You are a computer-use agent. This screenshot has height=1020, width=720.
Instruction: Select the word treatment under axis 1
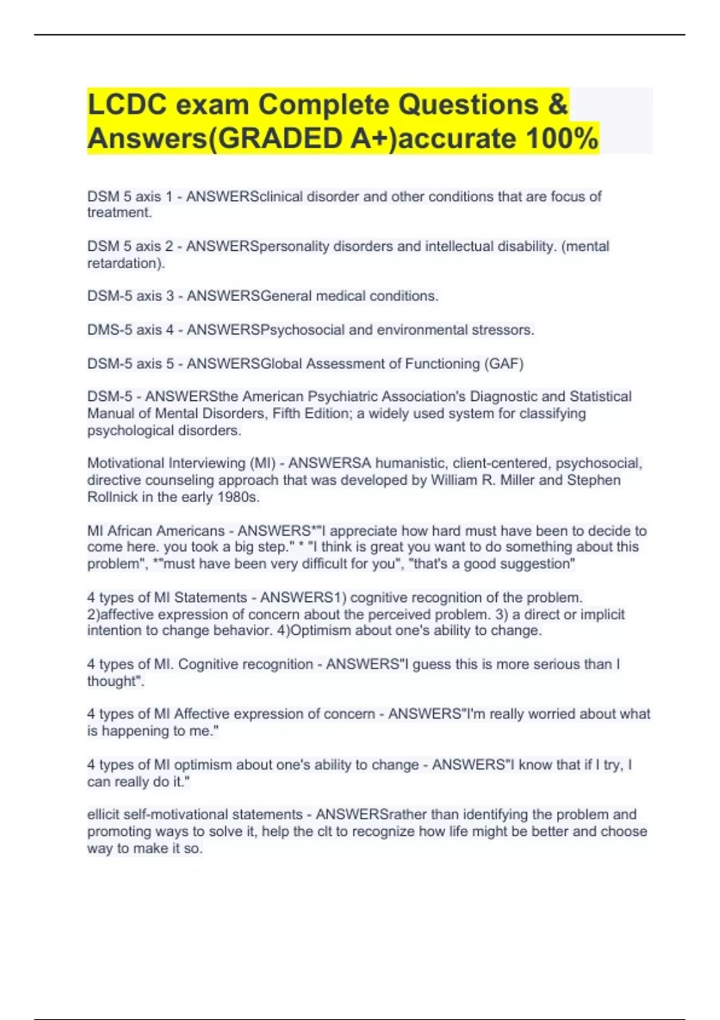[x=119, y=212]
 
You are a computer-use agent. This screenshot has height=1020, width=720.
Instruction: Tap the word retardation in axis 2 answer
[x=125, y=263]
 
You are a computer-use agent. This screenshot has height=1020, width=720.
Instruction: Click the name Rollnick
[x=112, y=497]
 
